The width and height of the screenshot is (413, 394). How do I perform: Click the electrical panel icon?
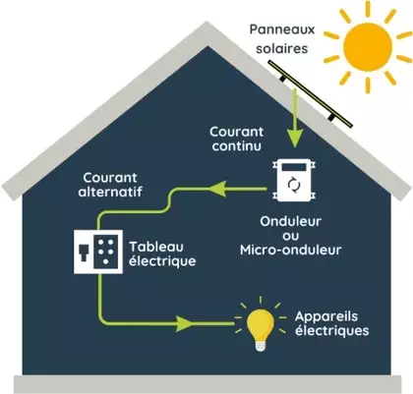(x=98, y=250)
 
